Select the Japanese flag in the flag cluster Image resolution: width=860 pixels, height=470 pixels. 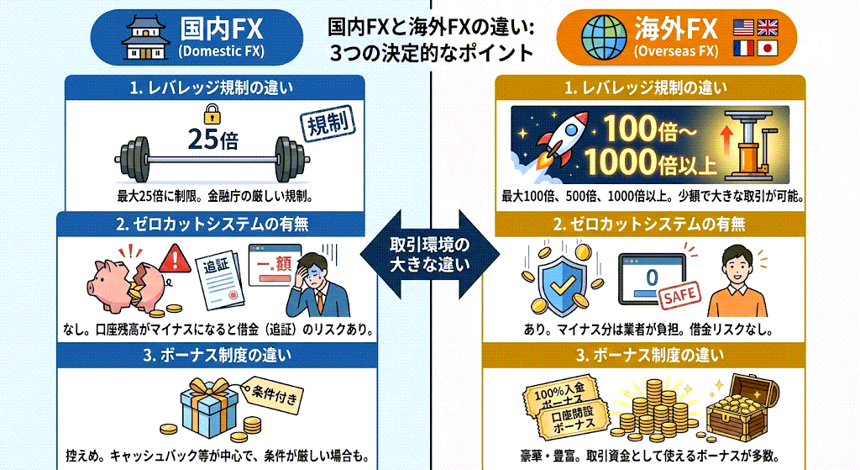pos(767,50)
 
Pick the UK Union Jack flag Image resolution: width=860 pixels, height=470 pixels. pos(767,27)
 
